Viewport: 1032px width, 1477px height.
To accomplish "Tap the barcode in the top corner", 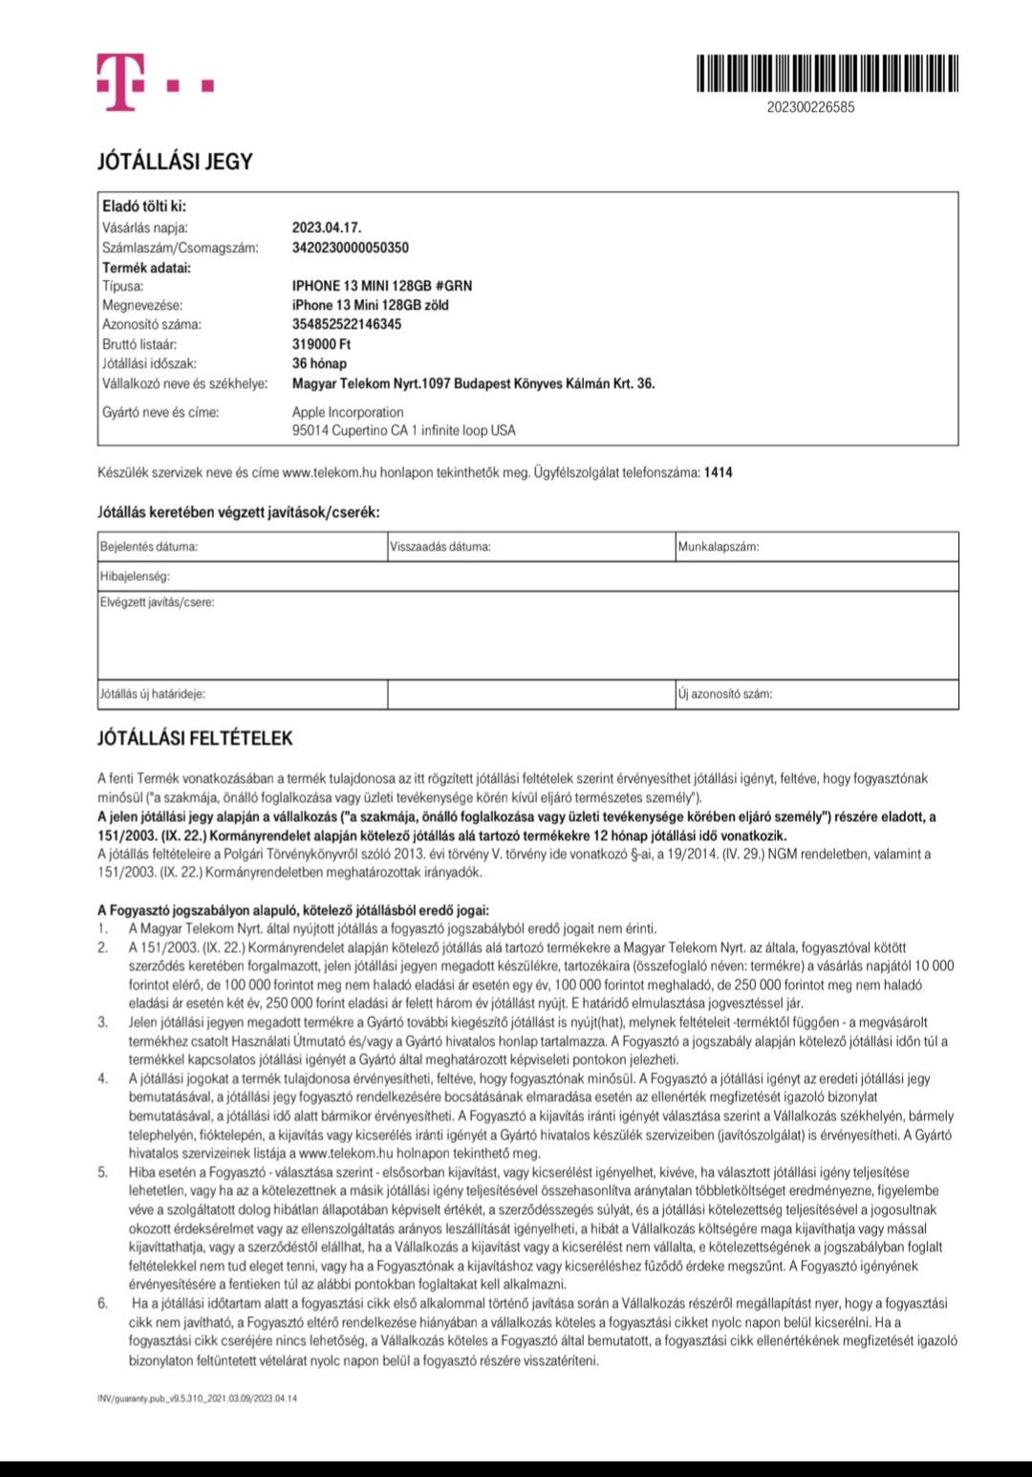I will click(828, 74).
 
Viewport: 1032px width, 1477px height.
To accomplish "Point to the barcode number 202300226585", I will click(810, 107).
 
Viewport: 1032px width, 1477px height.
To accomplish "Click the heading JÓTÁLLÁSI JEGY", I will click(175, 162).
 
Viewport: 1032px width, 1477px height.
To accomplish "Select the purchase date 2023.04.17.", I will click(327, 228).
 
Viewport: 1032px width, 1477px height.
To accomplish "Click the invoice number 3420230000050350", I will click(350, 248).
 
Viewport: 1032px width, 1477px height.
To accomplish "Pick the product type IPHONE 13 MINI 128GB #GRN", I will click(381, 286).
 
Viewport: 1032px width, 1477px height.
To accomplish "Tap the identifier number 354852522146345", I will click(346, 324).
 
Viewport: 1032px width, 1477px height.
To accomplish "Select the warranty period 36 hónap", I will click(319, 363).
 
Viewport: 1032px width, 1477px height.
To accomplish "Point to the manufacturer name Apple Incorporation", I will click(348, 412).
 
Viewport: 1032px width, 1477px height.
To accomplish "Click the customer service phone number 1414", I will click(718, 472).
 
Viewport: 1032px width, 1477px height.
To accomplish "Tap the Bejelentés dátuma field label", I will click(149, 547).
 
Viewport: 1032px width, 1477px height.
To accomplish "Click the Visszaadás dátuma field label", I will click(440, 547).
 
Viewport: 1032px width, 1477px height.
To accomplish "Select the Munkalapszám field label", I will click(718, 547).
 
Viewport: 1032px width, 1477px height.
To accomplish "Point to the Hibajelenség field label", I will click(135, 577).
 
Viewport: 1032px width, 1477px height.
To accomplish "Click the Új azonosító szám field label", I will click(724, 694).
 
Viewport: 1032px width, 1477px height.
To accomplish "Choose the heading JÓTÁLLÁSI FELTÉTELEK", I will click(195, 739).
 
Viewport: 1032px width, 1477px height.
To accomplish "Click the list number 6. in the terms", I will click(103, 1303).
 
